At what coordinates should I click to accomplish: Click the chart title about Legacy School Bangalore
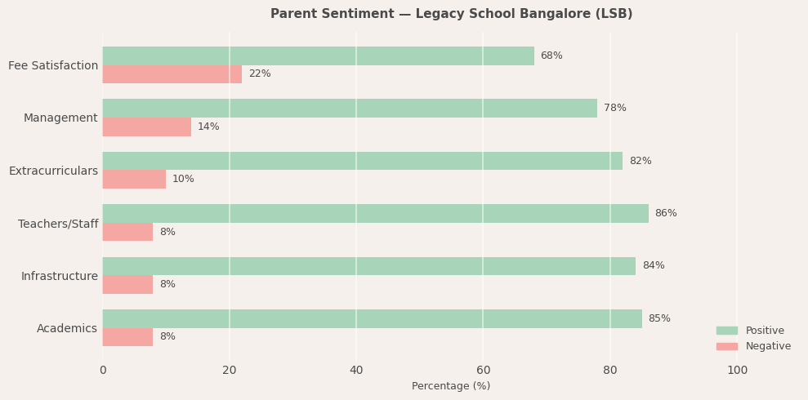(451, 14)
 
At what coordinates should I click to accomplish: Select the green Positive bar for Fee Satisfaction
(318, 56)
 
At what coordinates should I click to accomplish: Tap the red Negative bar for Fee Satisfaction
(172, 74)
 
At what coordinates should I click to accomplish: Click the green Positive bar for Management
(350, 108)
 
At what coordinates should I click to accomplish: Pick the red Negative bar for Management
(146, 127)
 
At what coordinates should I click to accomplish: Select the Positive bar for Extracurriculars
(362, 161)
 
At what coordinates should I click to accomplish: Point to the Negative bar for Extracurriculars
(134, 179)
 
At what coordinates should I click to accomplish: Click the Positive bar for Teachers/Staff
(375, 213)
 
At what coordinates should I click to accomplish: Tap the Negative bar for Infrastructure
(127, 284)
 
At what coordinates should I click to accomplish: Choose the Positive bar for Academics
(372, 318)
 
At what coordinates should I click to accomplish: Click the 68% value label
(551, 56)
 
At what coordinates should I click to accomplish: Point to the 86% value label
(666, 213)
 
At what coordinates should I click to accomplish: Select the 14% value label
(208, 127)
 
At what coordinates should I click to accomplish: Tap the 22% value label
(260, 74)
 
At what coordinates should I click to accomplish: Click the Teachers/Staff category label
(58, 224)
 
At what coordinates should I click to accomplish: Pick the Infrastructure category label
(60, 276)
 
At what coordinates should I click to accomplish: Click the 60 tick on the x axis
(483, 371)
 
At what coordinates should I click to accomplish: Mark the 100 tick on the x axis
(737, 371)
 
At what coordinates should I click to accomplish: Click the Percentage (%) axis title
(451, 386)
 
